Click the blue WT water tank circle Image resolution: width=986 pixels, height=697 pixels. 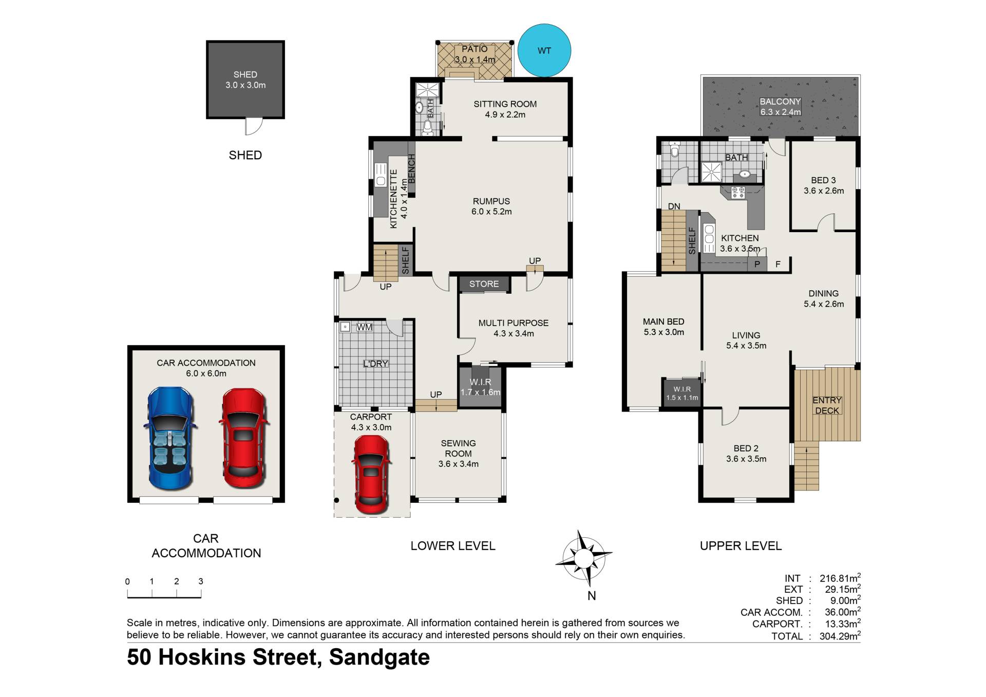coord(544,50)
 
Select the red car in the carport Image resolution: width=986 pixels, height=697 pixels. coord(371,474)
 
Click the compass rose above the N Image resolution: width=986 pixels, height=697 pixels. coord(584,558)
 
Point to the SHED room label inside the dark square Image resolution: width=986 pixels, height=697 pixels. coord(245,74)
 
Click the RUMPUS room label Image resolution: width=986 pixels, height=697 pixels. coord(491,201)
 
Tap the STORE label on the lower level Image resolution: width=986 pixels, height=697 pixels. coord(484,284)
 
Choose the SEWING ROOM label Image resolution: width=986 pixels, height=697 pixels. coord(458,448)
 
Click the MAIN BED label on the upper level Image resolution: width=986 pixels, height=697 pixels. coord(663,322)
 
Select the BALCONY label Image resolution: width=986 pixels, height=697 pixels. coord(781,102)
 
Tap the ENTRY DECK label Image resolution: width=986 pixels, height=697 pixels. coord(827,405)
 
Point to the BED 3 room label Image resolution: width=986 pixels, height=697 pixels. coord(823,180)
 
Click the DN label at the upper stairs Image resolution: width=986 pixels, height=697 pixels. coord(674,206)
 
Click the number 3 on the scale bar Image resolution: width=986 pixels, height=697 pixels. coord(201,581)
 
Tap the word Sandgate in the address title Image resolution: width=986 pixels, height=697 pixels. coord(380,657)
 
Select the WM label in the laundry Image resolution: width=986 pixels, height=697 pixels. coord(365,327)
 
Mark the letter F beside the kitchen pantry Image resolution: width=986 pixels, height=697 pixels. coord(778,265)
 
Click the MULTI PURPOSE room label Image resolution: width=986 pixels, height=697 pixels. coord(514,323)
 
